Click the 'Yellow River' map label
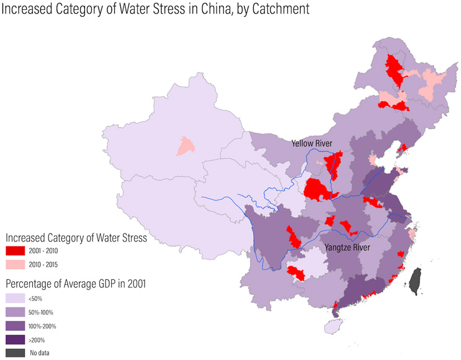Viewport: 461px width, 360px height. point(312,143)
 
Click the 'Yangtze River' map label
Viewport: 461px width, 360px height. point(348,248)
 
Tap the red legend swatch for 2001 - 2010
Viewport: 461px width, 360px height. point(16,251)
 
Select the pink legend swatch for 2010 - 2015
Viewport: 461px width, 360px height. point(16,265)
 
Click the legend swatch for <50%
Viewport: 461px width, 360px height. point(16,299)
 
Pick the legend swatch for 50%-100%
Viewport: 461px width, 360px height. point(16,312)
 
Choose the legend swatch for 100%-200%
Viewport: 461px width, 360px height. point(16,326)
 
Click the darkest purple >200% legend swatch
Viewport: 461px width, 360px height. point(16,340)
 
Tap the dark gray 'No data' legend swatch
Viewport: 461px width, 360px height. point(16,353)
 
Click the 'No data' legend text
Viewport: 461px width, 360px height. point(39,353)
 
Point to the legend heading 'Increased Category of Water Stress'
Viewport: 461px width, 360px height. point(76,237)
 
